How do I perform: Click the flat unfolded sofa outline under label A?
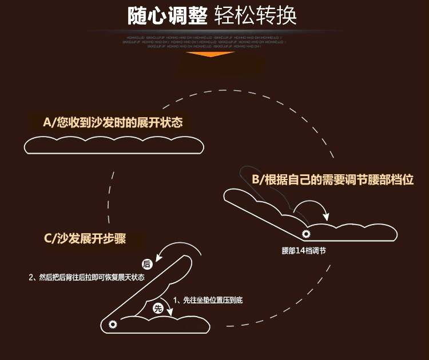pyautogui.click(x=113, y=145)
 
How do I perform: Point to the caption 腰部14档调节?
pyautogui.click(x=304, y=251)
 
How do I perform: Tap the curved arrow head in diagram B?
pyautogui.click(x=327, y=217)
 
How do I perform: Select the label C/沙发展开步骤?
pyautogui.click(x=84, y=239)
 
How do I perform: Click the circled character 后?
pyautogui.click(x=146, y=263)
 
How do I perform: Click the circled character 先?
pyautogui.click(x=158, y=308)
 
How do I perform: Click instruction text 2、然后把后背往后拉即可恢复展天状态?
pyautogui.click(x=86, y=277)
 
